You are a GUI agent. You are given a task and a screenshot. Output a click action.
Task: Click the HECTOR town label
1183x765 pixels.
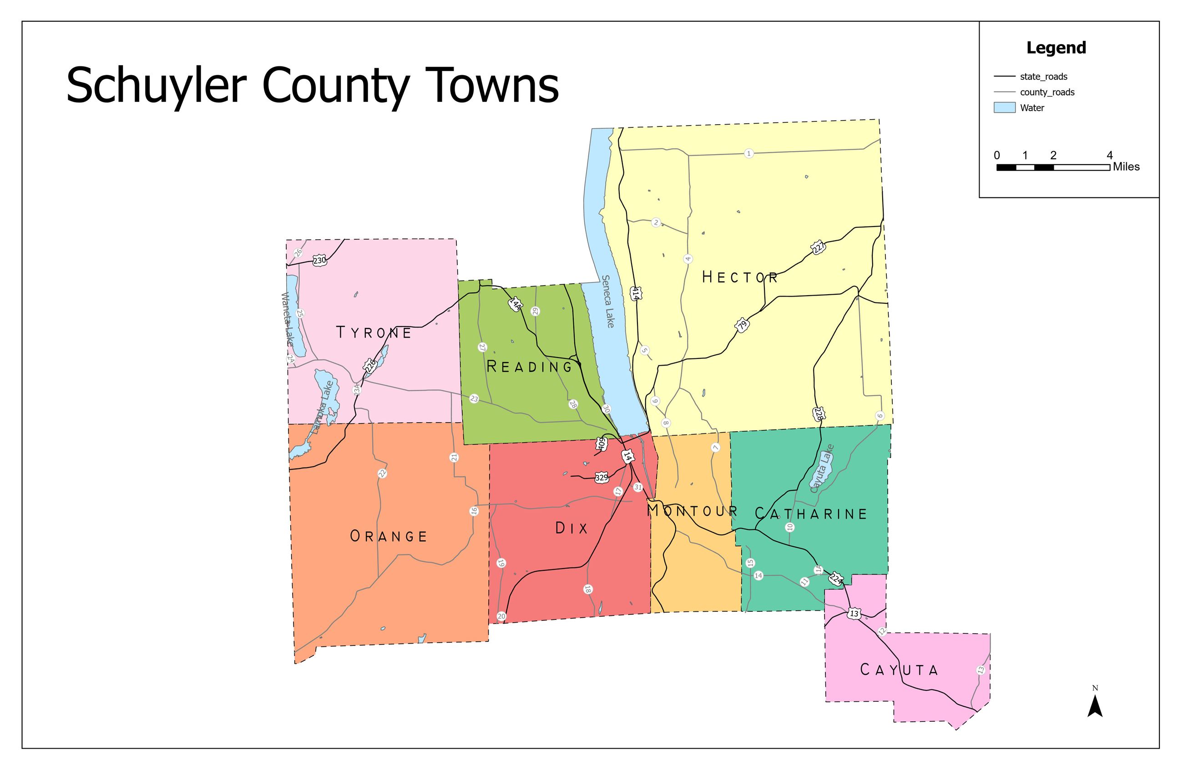click(x=739, y=277)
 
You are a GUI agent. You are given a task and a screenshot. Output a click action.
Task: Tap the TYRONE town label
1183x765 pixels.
click(x=374, y=332)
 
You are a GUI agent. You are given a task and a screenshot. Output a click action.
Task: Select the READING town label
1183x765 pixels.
click(x=530, y=367)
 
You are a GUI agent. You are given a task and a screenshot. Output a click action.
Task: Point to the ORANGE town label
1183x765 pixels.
click(x=389, y=536)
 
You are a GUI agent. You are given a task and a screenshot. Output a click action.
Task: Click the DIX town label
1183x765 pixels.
click(x=571, y=528)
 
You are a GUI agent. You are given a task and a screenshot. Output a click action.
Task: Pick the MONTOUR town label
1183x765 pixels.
click(x=693, y=511)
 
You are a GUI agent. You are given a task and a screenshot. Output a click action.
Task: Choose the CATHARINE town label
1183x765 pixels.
click(x=811, y=513)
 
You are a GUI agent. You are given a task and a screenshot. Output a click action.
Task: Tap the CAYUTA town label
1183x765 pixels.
click(x=899, y=670)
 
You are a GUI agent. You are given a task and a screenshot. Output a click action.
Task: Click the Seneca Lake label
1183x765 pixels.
click(x=607, y=301)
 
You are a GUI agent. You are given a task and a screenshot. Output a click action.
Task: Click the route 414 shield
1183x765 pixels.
click(x=635, y=293)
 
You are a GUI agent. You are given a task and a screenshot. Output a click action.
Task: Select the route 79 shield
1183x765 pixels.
click(x=742, y=326)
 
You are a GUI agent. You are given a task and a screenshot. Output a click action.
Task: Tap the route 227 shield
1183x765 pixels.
click(x=818, y=247)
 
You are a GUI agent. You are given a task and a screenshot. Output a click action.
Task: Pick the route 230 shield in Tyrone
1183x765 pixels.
click(x=319, y=260)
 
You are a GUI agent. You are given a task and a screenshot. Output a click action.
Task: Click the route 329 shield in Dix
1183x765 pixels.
click(x=602, y=478)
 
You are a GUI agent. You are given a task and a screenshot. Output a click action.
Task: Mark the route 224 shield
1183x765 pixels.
click(x=836, y=579)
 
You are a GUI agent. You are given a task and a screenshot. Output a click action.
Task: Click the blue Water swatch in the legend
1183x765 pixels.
click(x=1004, y=108)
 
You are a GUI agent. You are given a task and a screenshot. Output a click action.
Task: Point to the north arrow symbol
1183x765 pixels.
click(x=1095, y=705)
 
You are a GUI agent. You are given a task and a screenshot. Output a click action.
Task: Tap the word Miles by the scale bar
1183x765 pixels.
click(x=1126, y=167)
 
